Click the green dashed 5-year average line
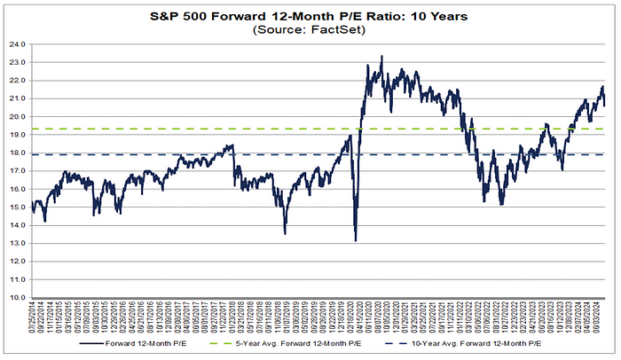point(222,129)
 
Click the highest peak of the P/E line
point(381,57)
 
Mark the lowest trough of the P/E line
point(355,240)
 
